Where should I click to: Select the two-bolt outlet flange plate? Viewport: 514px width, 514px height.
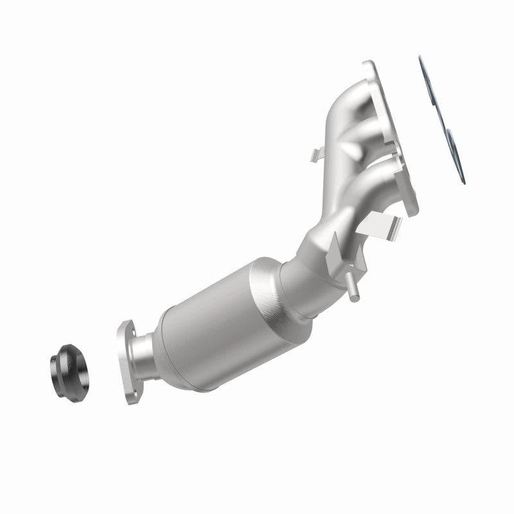131,355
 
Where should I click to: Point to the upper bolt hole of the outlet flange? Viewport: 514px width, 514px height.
126,328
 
